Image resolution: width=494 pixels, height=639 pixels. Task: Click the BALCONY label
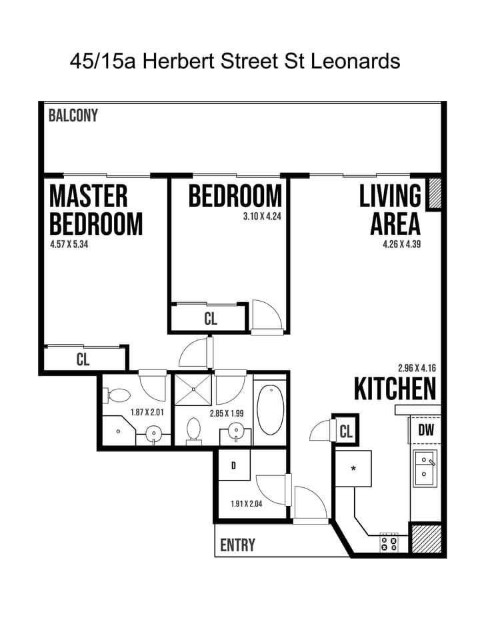click(73, 115)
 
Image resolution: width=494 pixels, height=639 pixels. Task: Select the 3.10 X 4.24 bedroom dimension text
click(261, 216)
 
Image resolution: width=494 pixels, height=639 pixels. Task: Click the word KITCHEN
click(395, 389)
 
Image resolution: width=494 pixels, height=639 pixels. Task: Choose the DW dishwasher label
click(425, 431)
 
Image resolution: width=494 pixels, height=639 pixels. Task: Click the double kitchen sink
click(425, 467)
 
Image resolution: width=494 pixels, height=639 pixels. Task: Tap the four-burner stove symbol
click(389, 544)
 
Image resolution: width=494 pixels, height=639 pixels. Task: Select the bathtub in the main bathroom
click(270, 409)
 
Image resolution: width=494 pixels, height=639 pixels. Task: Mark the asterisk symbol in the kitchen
click(353, 469)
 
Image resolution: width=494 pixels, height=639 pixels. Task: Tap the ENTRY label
click(237, 545)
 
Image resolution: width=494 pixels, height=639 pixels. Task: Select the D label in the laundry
click(233, 466)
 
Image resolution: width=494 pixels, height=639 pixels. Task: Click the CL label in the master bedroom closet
click(83, 360)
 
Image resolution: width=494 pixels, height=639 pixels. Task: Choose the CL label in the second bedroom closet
click(210, 319)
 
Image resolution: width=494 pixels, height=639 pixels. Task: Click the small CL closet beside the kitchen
click(345, 431)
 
